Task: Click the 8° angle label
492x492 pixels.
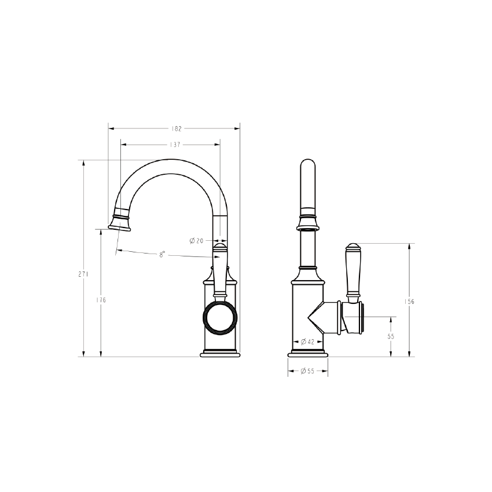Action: [163, 254]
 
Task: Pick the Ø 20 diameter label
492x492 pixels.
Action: [196, 241]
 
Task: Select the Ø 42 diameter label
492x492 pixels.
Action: [307, 342]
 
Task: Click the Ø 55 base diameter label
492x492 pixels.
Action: [307, 371]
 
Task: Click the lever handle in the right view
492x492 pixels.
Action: [353, 272]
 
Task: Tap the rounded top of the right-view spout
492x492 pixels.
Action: [307, 165]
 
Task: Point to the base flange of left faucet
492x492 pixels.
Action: [219, 354]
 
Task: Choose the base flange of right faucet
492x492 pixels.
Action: [307, 354]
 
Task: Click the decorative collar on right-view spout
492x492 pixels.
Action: [307, 222]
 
